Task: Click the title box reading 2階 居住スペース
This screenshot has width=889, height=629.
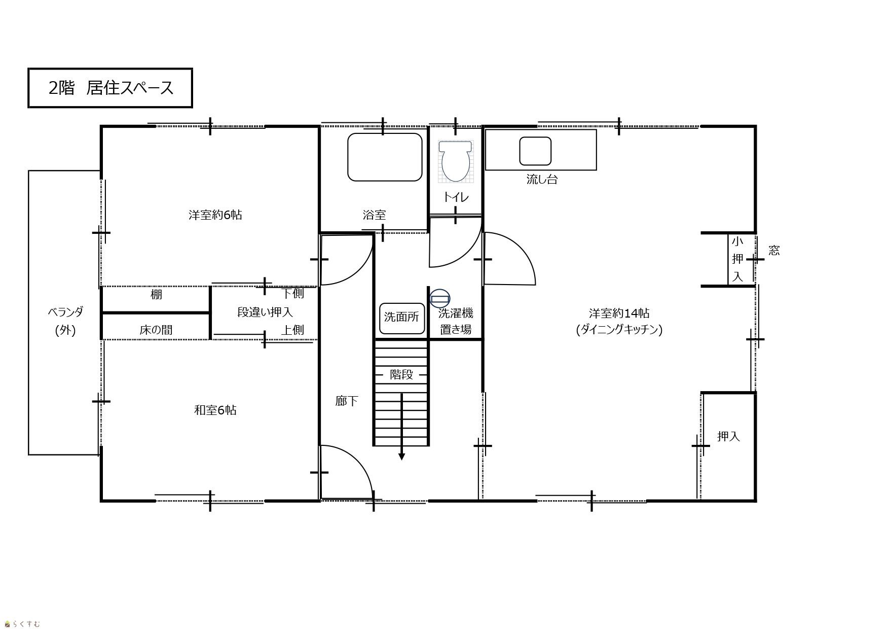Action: [110, 88]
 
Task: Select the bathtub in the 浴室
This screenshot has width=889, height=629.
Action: [385, 157]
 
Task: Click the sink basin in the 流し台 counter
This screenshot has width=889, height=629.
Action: [535, 151]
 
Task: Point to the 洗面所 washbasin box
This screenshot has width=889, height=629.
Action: [402, 318]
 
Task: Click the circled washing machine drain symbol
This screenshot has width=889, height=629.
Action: [440, 298]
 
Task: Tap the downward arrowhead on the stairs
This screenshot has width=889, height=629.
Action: [402, 457]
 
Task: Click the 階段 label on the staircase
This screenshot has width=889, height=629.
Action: [401, 374]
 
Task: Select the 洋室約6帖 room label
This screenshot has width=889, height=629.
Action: [215, 215]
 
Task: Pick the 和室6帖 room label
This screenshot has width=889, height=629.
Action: [215, 410]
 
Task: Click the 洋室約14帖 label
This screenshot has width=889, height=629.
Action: [619, 313]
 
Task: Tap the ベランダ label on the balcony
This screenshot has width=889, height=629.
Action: [65, 312]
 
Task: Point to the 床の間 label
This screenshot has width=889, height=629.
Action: [156, 330]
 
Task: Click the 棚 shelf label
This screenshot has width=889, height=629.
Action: [156, 294]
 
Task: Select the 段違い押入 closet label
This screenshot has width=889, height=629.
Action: [265, 312]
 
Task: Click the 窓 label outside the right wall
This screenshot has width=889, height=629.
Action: [774, 250]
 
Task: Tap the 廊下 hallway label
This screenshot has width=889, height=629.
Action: [347, 401]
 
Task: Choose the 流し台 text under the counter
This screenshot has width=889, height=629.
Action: [542, 179]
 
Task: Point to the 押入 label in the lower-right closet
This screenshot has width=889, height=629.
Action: [728, 436]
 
